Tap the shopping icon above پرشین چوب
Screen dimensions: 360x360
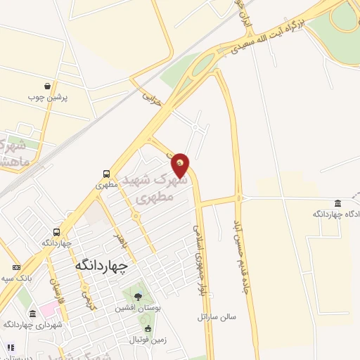click(x=46, y=85)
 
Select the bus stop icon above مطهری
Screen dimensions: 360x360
click(x=105, y=173)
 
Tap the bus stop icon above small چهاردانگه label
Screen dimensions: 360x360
click(x=55, y=232)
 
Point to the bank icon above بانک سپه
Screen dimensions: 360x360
click(x=15, y=267)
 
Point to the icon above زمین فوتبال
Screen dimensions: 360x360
click(x=147, y=328)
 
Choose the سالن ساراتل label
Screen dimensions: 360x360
click(x=217, y=317)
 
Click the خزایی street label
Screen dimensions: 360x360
click(x=153, y=99)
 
